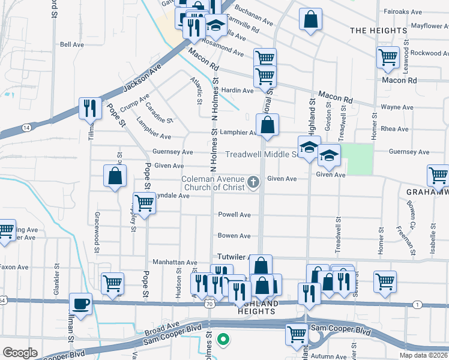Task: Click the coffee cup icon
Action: point(80,302)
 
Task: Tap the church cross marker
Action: point(253,182)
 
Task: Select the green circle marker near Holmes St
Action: point(223,340)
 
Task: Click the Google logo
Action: point(20,352)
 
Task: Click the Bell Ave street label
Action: point(71,45)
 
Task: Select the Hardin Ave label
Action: point(238,91)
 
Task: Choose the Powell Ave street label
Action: point(234,214)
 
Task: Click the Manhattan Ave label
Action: point(175,263)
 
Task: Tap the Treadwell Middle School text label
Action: point(262,154)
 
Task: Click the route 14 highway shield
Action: point(26,128)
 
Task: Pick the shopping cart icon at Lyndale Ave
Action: point(145,203)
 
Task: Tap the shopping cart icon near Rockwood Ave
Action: point(388,57)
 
